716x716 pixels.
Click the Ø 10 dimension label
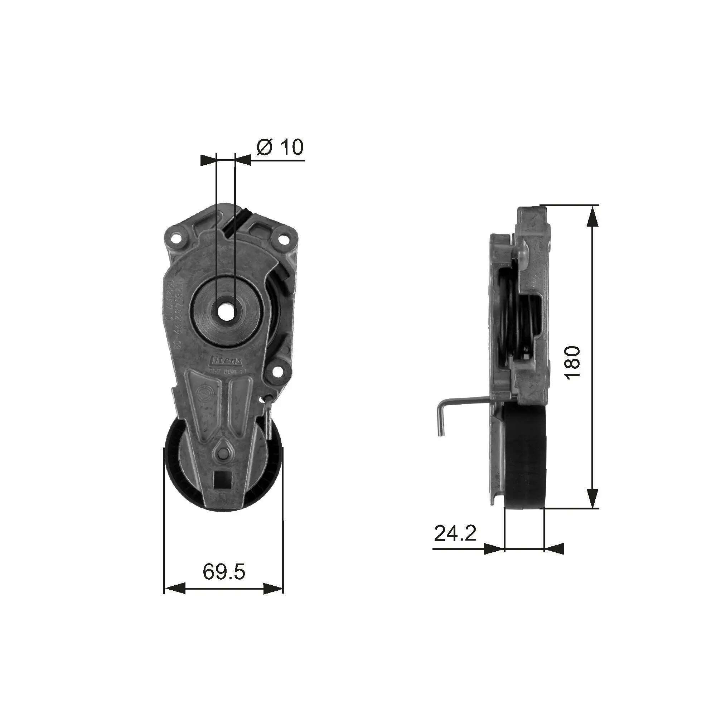click(280, 147)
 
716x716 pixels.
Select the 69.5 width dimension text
click(224, 571)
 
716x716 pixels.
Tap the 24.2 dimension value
click(455, 533)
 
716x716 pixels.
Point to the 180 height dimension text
click(573, 362)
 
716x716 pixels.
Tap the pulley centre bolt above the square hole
click(223, 454)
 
